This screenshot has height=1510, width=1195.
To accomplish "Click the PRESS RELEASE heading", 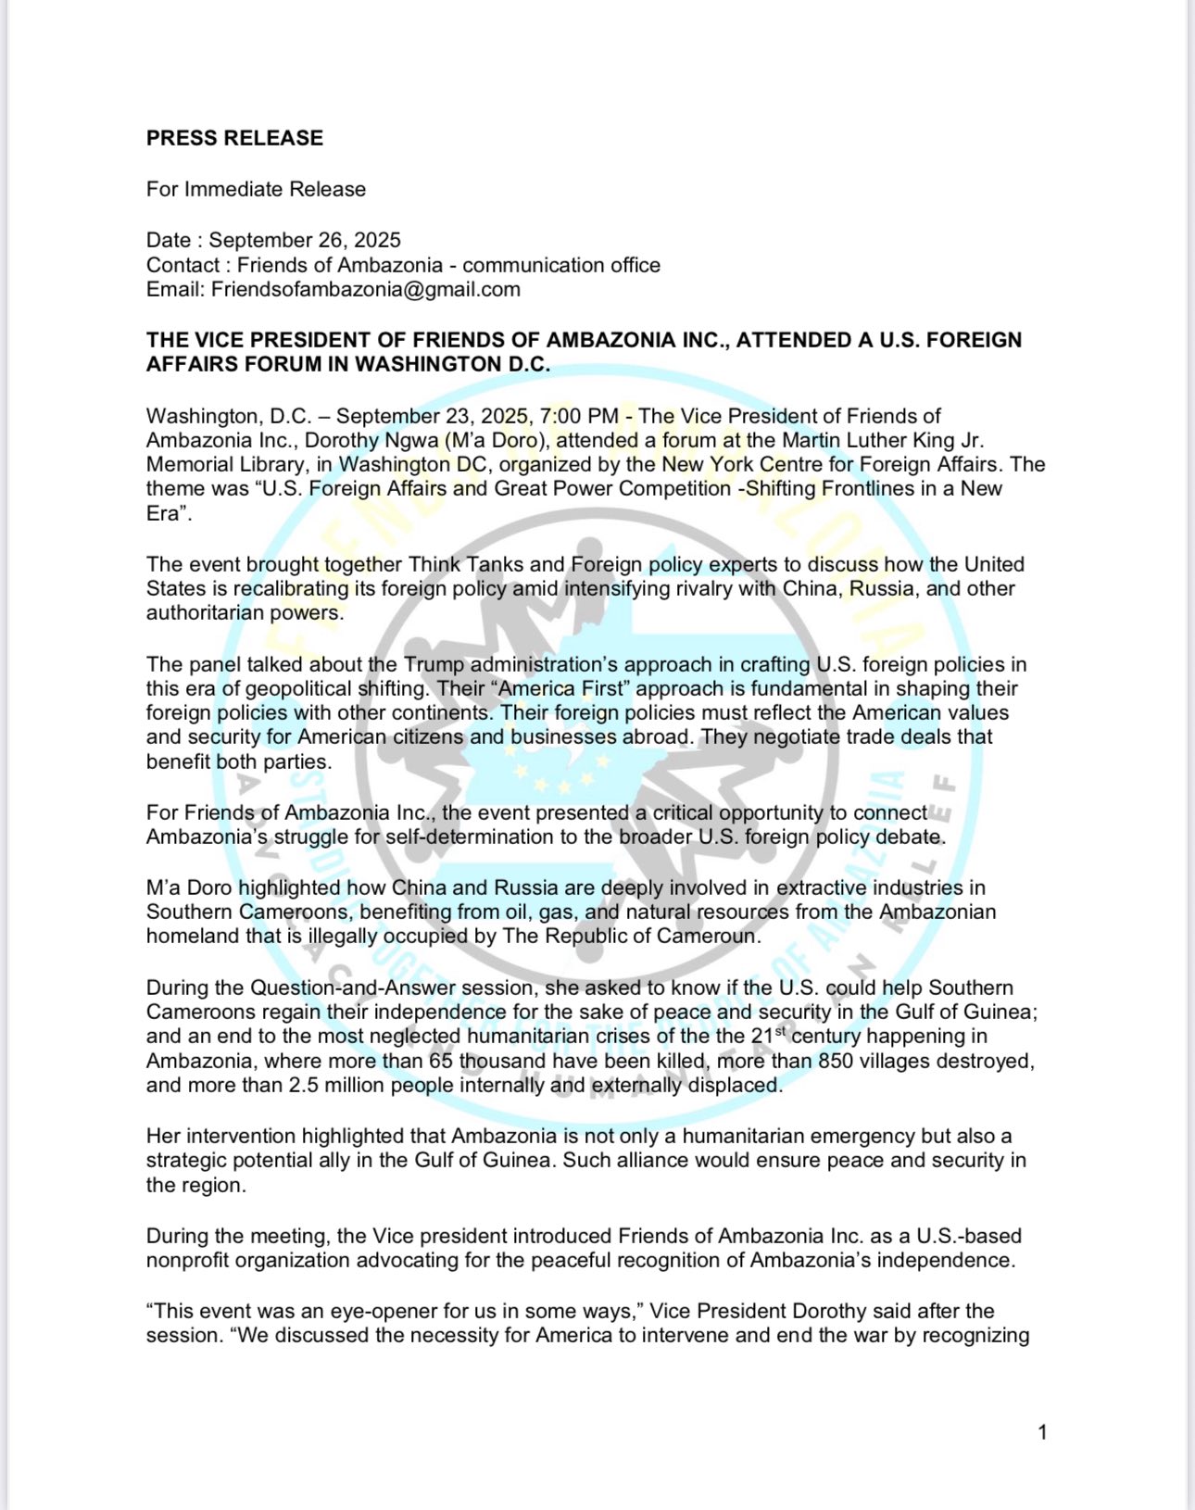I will [234, 138].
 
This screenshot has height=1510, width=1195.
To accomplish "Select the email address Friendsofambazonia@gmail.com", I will [365, 289].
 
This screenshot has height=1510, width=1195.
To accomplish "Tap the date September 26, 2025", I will [305, 240].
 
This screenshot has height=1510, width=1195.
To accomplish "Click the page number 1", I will [1042, 1432].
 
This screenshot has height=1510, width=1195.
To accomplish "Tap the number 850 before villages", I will [835, 1061].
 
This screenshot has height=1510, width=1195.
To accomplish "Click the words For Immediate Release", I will [256, 189].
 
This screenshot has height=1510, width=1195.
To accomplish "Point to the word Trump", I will [434, 664].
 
